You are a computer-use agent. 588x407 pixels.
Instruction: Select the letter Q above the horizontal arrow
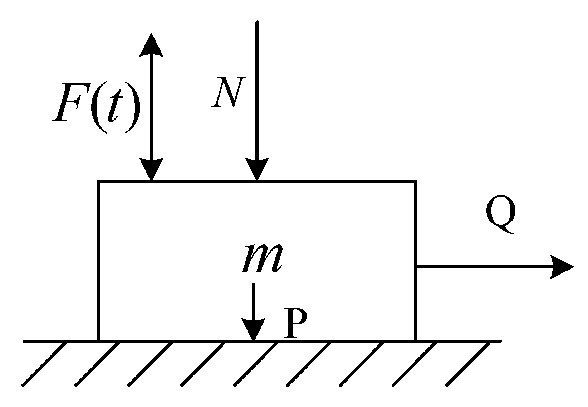pos(501,214)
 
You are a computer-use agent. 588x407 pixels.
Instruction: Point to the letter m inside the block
pos(263,257)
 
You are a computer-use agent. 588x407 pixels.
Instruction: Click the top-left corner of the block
pos(99,182)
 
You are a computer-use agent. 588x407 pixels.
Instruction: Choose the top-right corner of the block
pos(416,182)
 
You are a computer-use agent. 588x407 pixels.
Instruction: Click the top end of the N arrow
pos(257,22)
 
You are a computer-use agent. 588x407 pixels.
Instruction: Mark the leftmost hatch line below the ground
pos(45,364)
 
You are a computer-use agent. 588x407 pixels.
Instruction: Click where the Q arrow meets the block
pos(416,267)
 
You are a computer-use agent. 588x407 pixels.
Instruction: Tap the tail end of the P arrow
pos(254,284)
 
